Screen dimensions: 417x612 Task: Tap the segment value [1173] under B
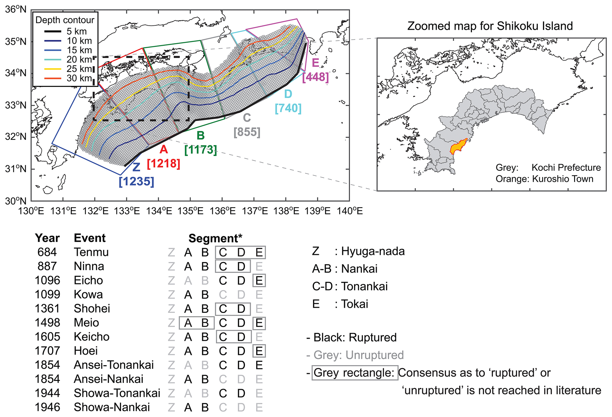pos(200,150)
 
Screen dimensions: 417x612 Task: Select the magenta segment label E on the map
pos(315,63)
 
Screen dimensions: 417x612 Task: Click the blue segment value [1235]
pos(136,181)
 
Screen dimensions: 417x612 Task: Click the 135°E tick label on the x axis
pos(190,211)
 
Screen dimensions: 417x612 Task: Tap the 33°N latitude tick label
pos(16,105)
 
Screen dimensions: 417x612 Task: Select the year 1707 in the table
pos(47,351)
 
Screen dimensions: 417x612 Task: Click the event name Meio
pos(86,323)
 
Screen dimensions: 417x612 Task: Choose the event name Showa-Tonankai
pos(117,393)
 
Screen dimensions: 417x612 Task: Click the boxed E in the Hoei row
pos(259,351)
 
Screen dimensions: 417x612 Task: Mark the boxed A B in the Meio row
pos(196,323)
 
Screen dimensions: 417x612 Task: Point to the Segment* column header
pos(215,238)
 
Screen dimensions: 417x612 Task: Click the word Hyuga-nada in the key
pos(373,251)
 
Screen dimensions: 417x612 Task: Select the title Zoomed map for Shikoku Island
pos(490,26)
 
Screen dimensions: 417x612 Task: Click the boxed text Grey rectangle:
pos(354,373)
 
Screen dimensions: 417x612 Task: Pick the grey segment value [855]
pos(247,132)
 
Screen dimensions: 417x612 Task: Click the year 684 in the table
pos(47,252)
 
